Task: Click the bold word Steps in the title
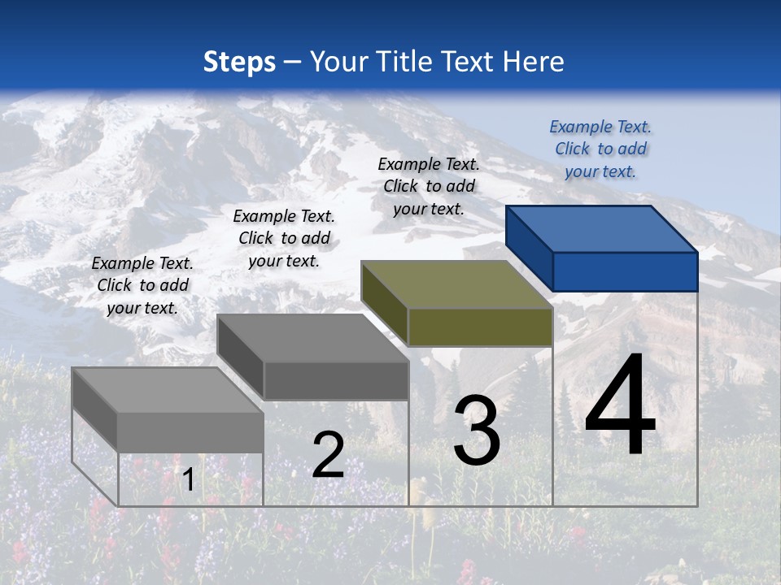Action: coord(239,62)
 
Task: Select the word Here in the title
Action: coord(534,62)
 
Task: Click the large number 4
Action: coord(620,406)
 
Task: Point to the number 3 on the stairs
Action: coord(477,431)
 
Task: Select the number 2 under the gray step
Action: coord(328,455)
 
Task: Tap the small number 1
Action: coord(188,480)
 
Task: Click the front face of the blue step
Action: coord(625,271)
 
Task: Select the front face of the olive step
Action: coord(480,327)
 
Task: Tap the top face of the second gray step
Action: coord(312,338)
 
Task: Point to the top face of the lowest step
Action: coord(168,390)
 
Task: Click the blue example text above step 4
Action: coord(600,149)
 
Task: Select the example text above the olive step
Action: coord(429,186)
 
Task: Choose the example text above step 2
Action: coord(284,238)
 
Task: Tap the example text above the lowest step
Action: coord(142,285)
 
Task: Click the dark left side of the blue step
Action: coord(529,248)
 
